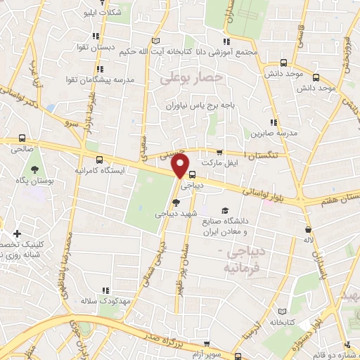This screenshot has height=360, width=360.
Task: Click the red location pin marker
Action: click(x=181, y=167)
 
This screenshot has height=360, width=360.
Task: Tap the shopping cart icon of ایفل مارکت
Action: click(x=219, y=152)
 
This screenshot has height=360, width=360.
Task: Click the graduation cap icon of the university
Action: click(x=226, y=210)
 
